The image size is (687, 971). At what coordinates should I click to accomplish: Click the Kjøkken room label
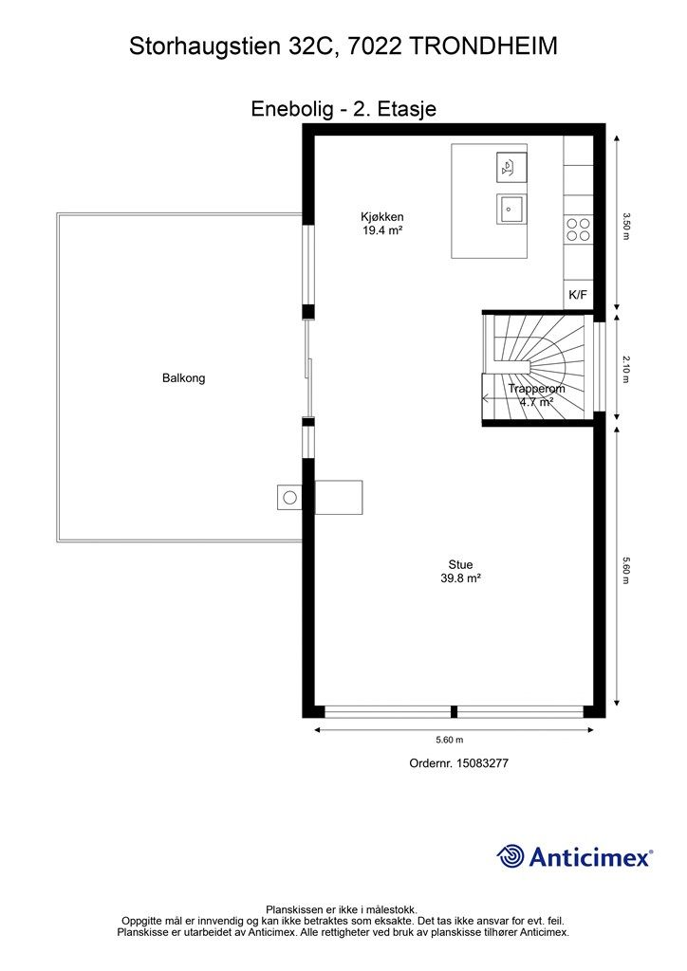(382, 217)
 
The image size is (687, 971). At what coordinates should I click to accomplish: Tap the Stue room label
(460, 565)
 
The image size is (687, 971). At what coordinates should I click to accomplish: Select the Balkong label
(183, 378)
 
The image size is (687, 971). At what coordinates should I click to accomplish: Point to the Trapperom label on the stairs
(536, 389)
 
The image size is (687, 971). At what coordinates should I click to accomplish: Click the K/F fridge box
(578, 295)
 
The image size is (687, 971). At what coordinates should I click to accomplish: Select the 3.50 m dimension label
(626, 226)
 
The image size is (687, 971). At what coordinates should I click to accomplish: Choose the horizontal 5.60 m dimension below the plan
(449, 740)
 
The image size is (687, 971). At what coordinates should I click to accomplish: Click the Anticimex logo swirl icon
(511, 856)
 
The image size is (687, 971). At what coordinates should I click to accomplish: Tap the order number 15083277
(482, 763)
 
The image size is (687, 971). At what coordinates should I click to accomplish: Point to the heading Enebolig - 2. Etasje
(343, 109)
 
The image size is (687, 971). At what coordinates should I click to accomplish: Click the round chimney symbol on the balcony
(289, 497)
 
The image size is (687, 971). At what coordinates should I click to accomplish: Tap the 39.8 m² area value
(461, 578)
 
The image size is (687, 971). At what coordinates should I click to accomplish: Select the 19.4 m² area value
(382, 230)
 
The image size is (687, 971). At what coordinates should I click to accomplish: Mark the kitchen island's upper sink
(511, 167)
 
